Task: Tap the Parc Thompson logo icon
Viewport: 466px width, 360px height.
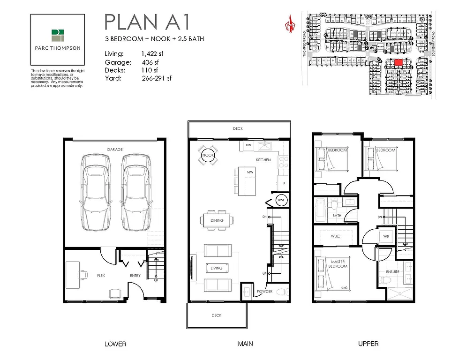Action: [58, 36]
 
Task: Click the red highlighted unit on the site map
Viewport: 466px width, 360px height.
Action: [398, 62]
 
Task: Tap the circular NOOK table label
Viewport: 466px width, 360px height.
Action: [207, 155]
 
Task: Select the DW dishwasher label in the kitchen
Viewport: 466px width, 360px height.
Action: [248, 146]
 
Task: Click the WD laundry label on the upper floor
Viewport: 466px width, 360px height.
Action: [386, 236]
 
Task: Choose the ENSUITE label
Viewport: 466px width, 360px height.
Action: [393, 271]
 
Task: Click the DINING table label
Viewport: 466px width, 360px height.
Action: [217, 220]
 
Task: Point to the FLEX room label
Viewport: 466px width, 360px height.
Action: [100, 276]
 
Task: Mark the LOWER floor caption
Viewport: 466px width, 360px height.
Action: [115, 344]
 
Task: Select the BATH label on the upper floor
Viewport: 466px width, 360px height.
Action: [337, 216]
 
